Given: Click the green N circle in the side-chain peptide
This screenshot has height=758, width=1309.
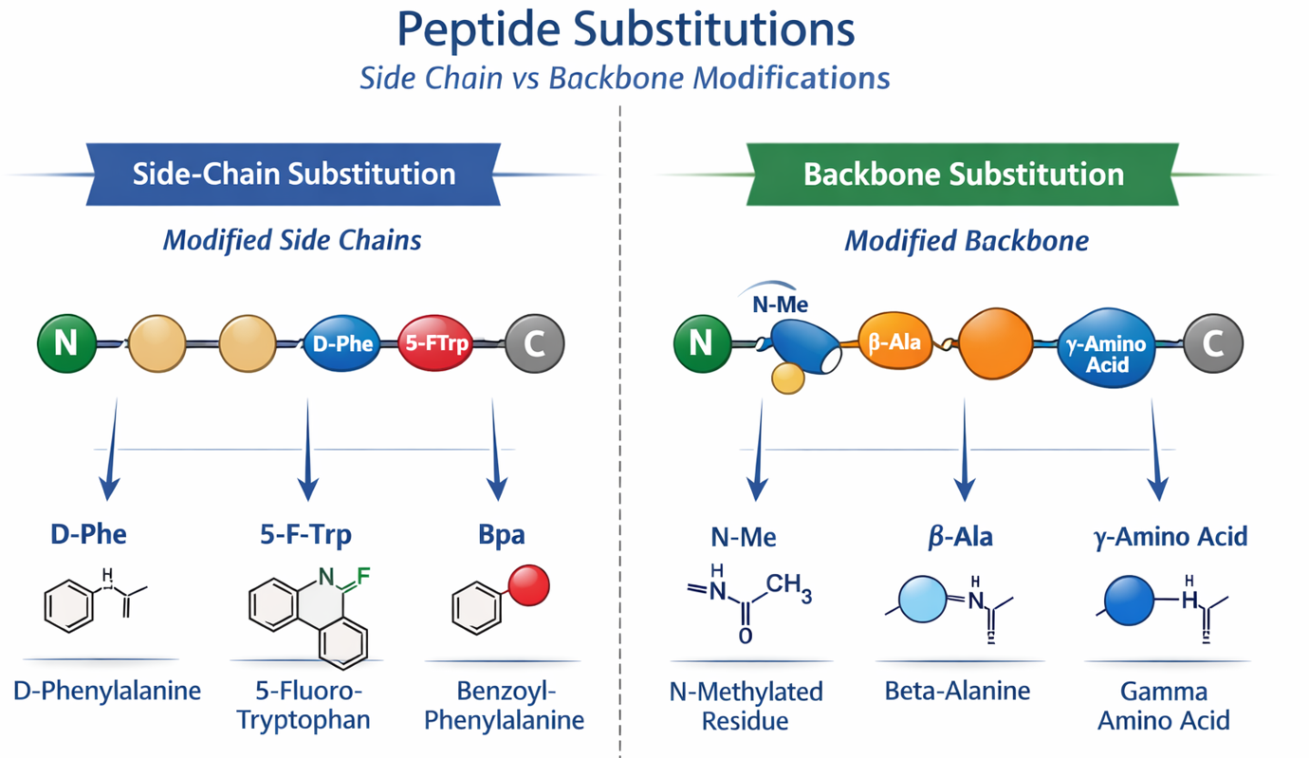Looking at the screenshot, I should point(66,342).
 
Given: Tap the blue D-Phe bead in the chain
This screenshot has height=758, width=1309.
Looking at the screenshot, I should point(342,343).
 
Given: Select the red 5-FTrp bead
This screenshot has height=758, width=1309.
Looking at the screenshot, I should point(436,343).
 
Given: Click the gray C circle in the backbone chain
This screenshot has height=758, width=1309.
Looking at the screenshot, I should point(1212,342).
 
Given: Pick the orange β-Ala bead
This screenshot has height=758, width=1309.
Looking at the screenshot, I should point(894,342).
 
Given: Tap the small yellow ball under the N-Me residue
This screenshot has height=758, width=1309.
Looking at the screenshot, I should point(788,378).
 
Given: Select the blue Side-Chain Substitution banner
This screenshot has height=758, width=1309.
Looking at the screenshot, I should point(293,175).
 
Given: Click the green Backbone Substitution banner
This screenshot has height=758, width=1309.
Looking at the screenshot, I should point(963,175).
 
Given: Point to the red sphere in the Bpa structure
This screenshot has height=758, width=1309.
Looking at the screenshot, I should point(529,584).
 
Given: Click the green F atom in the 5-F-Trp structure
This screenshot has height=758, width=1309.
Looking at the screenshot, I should point(363,575).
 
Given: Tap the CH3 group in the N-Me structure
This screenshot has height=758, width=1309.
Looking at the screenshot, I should point(789,590).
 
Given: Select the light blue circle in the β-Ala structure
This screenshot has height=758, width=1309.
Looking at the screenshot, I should point(923,601).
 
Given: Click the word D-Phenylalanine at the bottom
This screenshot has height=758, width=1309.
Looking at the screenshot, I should point(107,691).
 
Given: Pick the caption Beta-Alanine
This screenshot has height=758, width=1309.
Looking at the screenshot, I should point(957,691).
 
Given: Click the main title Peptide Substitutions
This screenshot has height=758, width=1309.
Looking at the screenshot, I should point(625,30).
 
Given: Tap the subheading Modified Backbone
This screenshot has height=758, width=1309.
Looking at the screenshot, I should point(967,241).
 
